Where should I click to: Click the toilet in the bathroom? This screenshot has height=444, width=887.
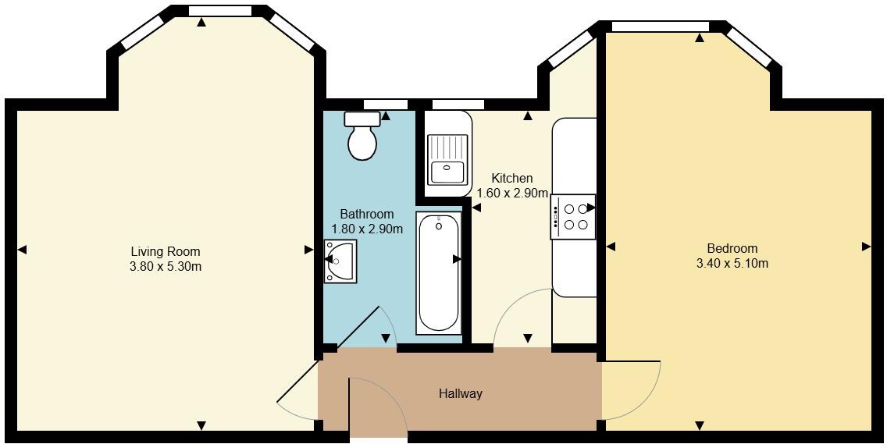[362, 137]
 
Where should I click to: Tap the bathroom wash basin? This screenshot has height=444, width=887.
[342, 261]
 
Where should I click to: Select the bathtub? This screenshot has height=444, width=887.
[438, 273]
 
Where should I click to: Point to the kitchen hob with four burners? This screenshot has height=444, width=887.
[575, 217]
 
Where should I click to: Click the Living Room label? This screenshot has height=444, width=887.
[166, 251]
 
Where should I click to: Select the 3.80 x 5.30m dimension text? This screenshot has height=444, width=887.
[166, 266]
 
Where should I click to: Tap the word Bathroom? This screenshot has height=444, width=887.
[367, 214]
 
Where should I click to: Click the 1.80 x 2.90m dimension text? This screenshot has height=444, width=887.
[367, 229]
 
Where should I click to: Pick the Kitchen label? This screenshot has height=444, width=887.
[512, 179]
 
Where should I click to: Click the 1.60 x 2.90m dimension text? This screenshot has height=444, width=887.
[512, 194]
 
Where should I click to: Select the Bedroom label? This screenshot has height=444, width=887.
[732, 248]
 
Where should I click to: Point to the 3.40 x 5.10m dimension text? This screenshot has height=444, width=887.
[732, 263]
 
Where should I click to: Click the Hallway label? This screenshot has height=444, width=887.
[460, 393]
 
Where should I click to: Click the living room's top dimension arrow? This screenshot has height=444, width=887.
[201, 23]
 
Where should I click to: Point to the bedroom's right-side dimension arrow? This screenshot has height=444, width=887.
[866, 247]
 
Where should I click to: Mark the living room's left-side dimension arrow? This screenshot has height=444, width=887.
[22, 250]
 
